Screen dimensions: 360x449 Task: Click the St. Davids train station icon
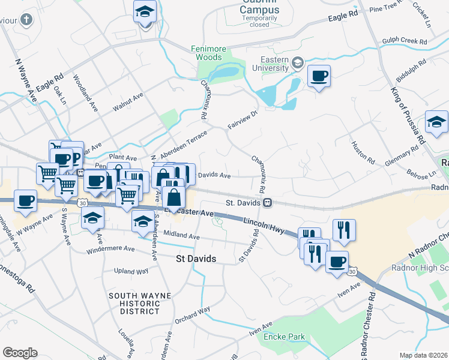point(266,203)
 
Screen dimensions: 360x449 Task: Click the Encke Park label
point(284,337)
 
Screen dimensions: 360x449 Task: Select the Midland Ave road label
point(181,236)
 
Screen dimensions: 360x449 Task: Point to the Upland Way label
point(131,271)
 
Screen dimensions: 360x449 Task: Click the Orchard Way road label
point(192,315)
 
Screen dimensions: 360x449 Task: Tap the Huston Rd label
point(363,153)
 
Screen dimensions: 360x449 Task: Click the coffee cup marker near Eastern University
point(319,76)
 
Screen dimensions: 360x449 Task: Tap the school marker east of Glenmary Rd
point(436,122)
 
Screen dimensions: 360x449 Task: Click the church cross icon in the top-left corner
point(26,20)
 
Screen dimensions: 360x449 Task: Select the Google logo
point(20,353)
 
